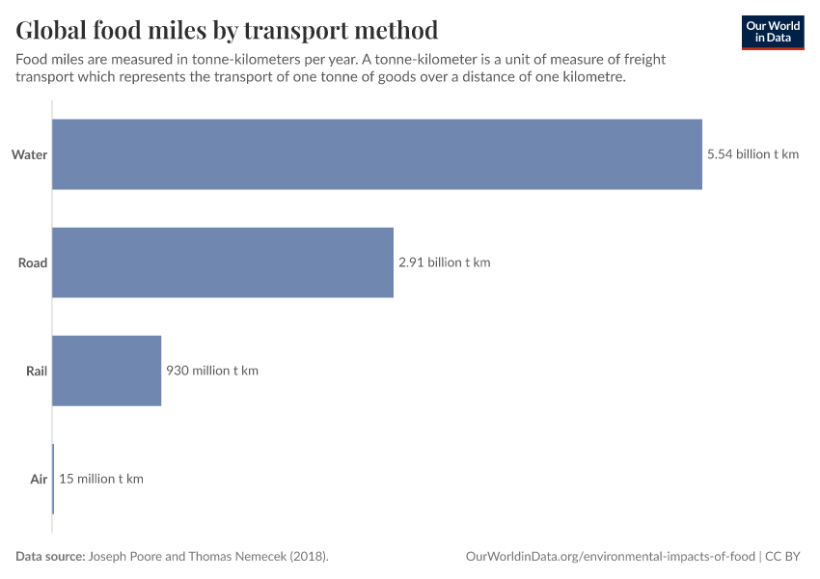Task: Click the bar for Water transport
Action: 376,154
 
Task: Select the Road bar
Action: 222,262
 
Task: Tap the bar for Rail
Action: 106,371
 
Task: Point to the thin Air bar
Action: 53,479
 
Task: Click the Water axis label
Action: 29,154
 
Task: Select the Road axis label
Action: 32,262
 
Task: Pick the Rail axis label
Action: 36,371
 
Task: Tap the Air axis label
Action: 38,479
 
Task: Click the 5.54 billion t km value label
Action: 752,154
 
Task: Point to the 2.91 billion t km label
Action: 444,262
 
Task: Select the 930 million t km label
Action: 212,371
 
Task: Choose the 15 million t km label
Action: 101,479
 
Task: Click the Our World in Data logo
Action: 772,32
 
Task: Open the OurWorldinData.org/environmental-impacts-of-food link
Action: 610,557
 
